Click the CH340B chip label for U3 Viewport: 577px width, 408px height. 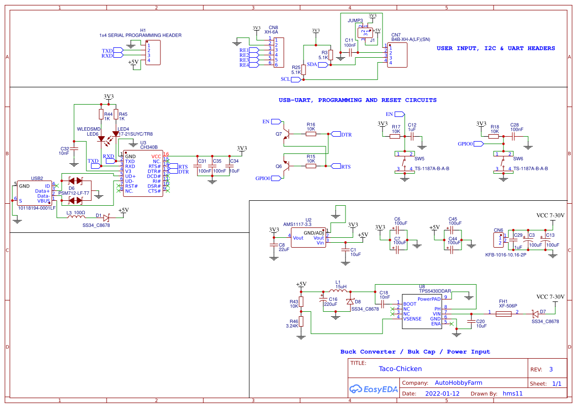click(x=149, y=147)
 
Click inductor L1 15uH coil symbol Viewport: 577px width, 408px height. click(x=339, y=291)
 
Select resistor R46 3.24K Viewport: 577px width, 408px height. click(x=301, y=322)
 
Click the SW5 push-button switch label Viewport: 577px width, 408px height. click(x=419, y=159)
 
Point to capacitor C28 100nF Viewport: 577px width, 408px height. click(x=514, y=134)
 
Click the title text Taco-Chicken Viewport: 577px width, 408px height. click(x=400, y=369)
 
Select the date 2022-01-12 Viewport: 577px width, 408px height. click(x=442, y=394)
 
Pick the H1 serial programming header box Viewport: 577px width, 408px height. click(x=153, y=53)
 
